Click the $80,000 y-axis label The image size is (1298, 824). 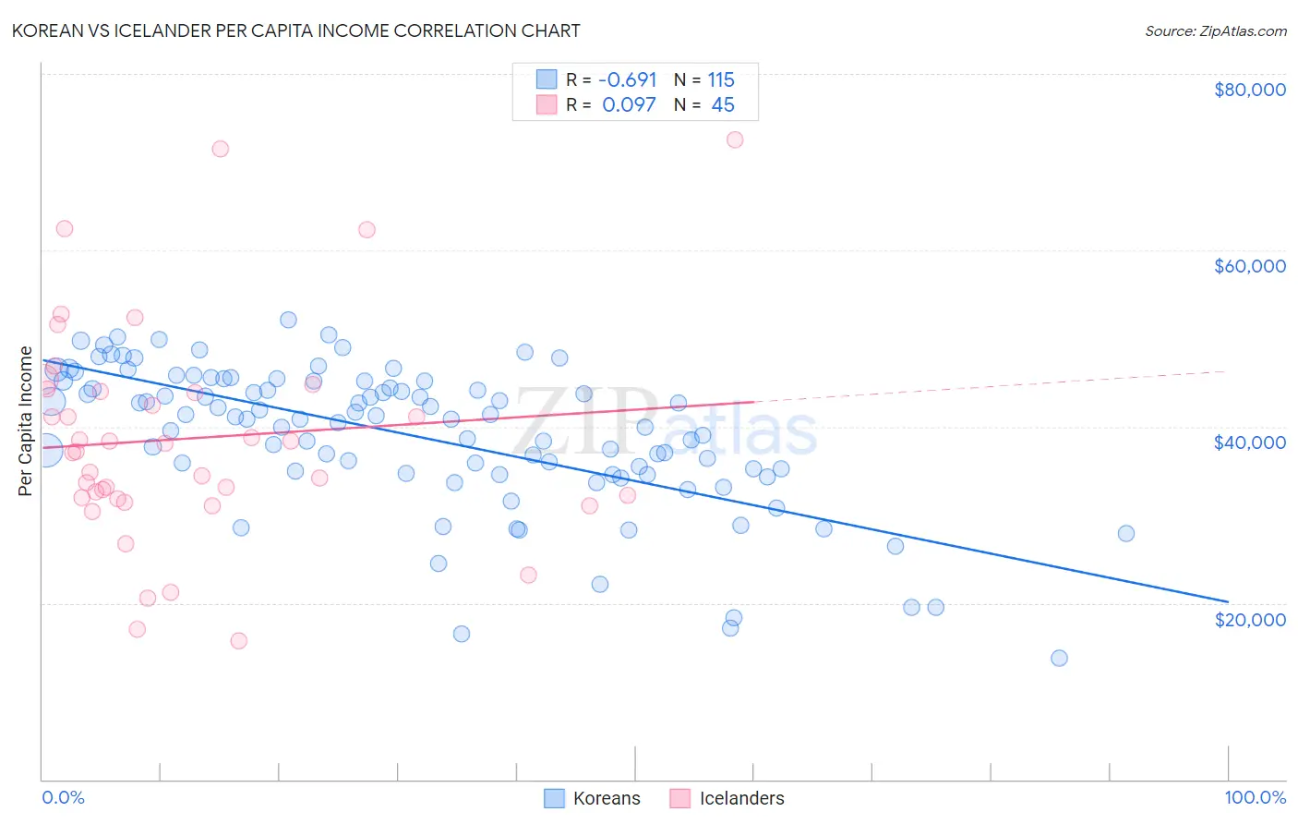click(x=1249, y=90)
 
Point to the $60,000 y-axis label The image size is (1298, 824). click(x=1249, y=266)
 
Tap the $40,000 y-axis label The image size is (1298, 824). click(x=1249, y=442)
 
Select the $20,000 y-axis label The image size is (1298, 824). click(x=1249, y=619)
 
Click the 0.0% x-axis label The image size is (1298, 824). click(x=63, y=797)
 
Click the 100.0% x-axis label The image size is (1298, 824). click(x=1255, y=797)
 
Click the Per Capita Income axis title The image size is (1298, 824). click(x=26, y=421)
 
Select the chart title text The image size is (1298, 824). click(x=295, y=30)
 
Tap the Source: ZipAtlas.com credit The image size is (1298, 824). click(x=1215, y=30)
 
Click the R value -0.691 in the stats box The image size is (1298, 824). click(x=628, y=79)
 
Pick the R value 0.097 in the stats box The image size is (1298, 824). click(x=629, y=104)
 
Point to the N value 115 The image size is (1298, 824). click(x=721, y=79)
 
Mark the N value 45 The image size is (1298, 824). click(x=723, y=104)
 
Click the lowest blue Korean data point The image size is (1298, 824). click(x=1059, y=659)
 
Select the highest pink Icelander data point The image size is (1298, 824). click(x=735, y=139)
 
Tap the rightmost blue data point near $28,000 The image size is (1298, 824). click(x=1125, y=533)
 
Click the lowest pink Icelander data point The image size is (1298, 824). click(x=238, y=641)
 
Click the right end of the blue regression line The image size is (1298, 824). click(x=1227, y=601)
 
